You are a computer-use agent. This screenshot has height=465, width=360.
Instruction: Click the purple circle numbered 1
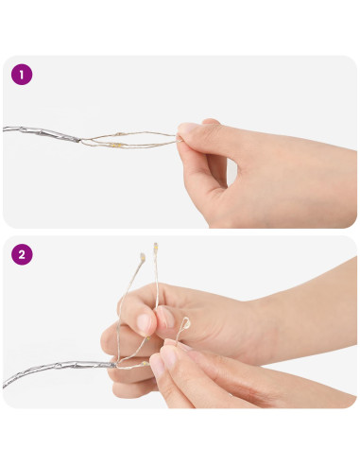click(22, 75)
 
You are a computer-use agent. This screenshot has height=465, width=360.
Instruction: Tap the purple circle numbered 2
click(22, 254)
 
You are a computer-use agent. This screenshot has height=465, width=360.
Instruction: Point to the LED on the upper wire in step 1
click(118, 134)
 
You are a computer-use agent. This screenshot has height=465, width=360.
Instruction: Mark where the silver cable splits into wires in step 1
click(80, 140)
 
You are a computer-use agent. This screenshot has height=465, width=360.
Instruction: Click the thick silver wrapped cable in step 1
click(41, 133)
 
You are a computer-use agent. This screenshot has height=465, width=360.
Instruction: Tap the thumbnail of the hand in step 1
click(189, 129)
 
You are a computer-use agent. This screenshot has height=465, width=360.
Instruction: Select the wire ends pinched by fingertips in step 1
click(178, 139)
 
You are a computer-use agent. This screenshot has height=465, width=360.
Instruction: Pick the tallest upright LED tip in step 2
click(155, 247)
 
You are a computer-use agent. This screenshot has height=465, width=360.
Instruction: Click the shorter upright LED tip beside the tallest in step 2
click(142, 257)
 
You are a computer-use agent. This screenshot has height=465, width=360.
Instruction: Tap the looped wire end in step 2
click(186, 323)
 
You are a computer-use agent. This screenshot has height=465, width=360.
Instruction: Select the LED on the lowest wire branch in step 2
click(146, 364)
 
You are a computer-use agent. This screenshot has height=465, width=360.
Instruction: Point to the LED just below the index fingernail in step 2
click(147, 338)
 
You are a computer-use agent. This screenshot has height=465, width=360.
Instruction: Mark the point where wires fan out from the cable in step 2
click(117, 366)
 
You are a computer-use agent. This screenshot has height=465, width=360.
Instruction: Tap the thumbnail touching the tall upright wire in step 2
click(166, 317)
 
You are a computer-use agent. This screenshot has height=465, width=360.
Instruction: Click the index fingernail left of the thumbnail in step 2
click(145, 323)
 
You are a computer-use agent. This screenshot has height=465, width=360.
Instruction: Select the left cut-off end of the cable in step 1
click(4, 129)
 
